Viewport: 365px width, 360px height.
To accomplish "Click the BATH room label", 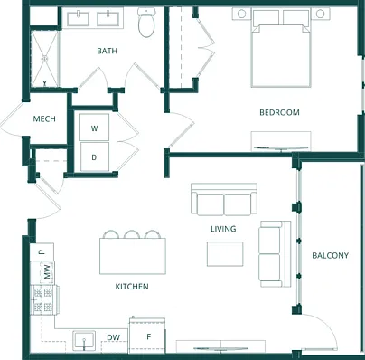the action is (107, 51).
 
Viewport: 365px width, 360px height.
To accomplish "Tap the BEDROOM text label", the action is (279, 112).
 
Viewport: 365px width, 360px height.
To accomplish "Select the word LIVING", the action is (223, 229).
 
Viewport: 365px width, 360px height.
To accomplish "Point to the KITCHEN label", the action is (132, 287).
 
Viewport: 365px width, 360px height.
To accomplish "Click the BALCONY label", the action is (330, 256).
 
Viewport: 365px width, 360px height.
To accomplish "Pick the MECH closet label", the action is (44, 118).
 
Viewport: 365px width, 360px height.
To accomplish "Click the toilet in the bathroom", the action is (146, 22).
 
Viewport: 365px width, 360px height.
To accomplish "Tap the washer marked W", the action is (94, 128).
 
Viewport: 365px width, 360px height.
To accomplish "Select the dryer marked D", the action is (94, 156).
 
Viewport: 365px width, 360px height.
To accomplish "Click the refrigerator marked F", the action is (147, 335).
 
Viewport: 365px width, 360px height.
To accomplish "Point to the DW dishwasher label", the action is (113, 338).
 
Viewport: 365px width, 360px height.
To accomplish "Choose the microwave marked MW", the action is (47, 272).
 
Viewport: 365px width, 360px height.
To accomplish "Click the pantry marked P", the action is (42, 251).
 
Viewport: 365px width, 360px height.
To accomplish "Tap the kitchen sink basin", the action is (84, 341).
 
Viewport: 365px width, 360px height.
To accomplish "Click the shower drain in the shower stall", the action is (45, 59).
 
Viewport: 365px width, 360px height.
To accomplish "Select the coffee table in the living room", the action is (225, 254).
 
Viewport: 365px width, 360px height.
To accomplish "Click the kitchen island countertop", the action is (133, 256).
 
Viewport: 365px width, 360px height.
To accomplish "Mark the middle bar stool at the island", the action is (132, 234).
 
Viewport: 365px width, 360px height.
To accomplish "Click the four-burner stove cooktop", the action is (43, 299).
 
